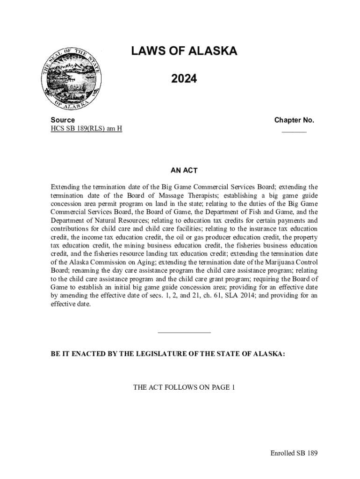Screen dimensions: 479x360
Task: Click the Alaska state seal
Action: [x=70, y=79]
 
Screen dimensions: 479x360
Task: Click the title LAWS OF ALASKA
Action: [x=184, y=51]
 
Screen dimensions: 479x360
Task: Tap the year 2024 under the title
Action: [x=184, y=80]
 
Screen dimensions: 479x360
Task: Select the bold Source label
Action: [x=62, y=120]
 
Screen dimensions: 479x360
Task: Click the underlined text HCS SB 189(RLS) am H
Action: [x=86, y=129]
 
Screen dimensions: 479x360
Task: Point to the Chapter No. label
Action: [x=294, y=120]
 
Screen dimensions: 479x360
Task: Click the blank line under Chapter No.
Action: [x=294, y=131]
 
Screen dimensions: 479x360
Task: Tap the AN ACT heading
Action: [x=184, y=170]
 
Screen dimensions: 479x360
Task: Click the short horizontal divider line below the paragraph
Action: [x=184, y=333]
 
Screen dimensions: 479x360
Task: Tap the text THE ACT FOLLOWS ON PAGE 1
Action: [x=184, y=387]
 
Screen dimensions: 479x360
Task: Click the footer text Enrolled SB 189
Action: [x=294, y=453]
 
